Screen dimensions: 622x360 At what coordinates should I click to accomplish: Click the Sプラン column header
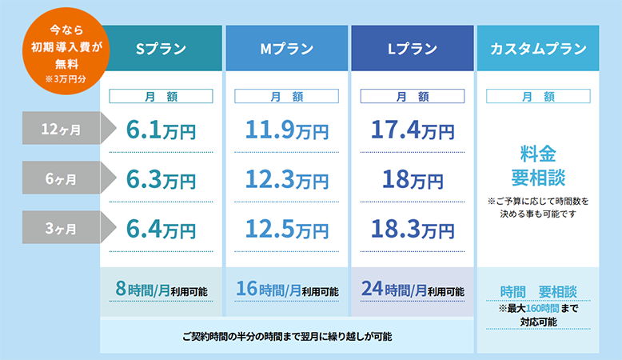tap(161, 49)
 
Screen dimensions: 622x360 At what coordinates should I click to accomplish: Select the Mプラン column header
tap(287, 49)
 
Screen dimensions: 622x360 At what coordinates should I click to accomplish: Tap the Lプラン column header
tap(413, 49)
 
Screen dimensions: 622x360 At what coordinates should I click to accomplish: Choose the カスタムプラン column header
tap(538, 49)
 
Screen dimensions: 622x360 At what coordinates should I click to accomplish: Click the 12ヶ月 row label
tap(61, 128)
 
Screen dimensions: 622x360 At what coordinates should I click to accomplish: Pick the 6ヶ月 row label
tap(61, 178)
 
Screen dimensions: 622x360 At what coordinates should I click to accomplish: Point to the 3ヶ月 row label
tap(61, 227)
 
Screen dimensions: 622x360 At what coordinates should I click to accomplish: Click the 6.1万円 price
tap(161, 130)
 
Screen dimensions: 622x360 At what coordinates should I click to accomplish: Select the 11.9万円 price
tap(287, 130)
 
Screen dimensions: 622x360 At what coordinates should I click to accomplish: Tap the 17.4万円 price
tap(413, 130)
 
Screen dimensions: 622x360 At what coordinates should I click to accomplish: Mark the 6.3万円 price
tap(161, 180)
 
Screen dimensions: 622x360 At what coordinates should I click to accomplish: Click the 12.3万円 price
tap(287, 180)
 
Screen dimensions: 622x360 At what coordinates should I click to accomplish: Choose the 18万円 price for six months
tap(413, 180)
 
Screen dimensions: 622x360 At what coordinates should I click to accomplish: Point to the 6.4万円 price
tap(161, 230)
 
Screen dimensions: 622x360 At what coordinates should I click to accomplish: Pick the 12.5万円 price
tap(287, 230)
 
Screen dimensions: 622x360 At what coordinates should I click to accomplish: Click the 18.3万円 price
tap(413, 230)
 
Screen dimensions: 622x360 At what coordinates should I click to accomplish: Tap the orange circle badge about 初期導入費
tap(66, 51)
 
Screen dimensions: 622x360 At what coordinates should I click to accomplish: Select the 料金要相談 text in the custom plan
tap(538, 166)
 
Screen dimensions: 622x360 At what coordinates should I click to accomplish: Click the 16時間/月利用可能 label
tap(287, 290)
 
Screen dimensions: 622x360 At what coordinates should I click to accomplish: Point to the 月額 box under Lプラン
tap(413, 96)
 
